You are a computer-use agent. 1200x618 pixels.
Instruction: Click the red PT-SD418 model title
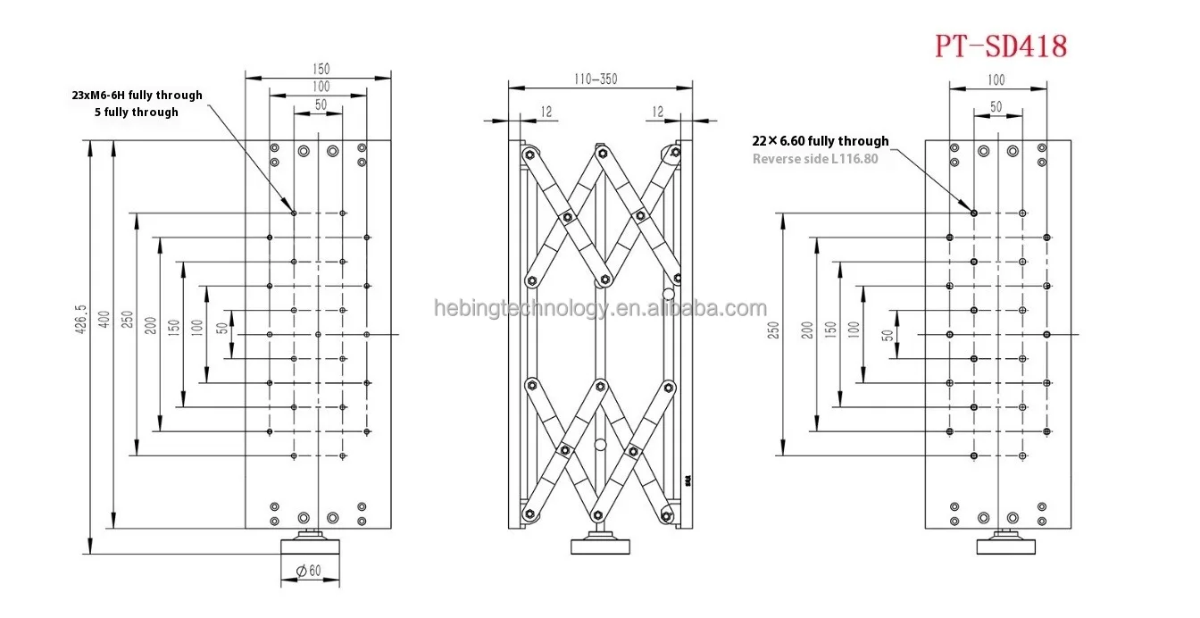1001,46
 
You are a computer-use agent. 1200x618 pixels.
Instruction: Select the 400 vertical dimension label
104,320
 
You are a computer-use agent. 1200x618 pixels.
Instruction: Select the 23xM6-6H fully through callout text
137,95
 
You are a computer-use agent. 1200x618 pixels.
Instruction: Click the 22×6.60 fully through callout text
821,141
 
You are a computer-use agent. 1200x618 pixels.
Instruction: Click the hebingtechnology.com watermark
600,309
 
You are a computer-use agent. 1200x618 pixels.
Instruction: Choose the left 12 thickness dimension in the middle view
546,112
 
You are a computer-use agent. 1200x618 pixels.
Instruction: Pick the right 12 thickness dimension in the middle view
658,112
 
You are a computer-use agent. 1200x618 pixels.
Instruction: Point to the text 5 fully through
136,112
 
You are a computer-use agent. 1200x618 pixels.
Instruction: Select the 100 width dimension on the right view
996,80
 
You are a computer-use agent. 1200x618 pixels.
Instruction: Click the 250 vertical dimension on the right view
774,330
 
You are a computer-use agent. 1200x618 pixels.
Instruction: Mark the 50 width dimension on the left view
318,105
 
